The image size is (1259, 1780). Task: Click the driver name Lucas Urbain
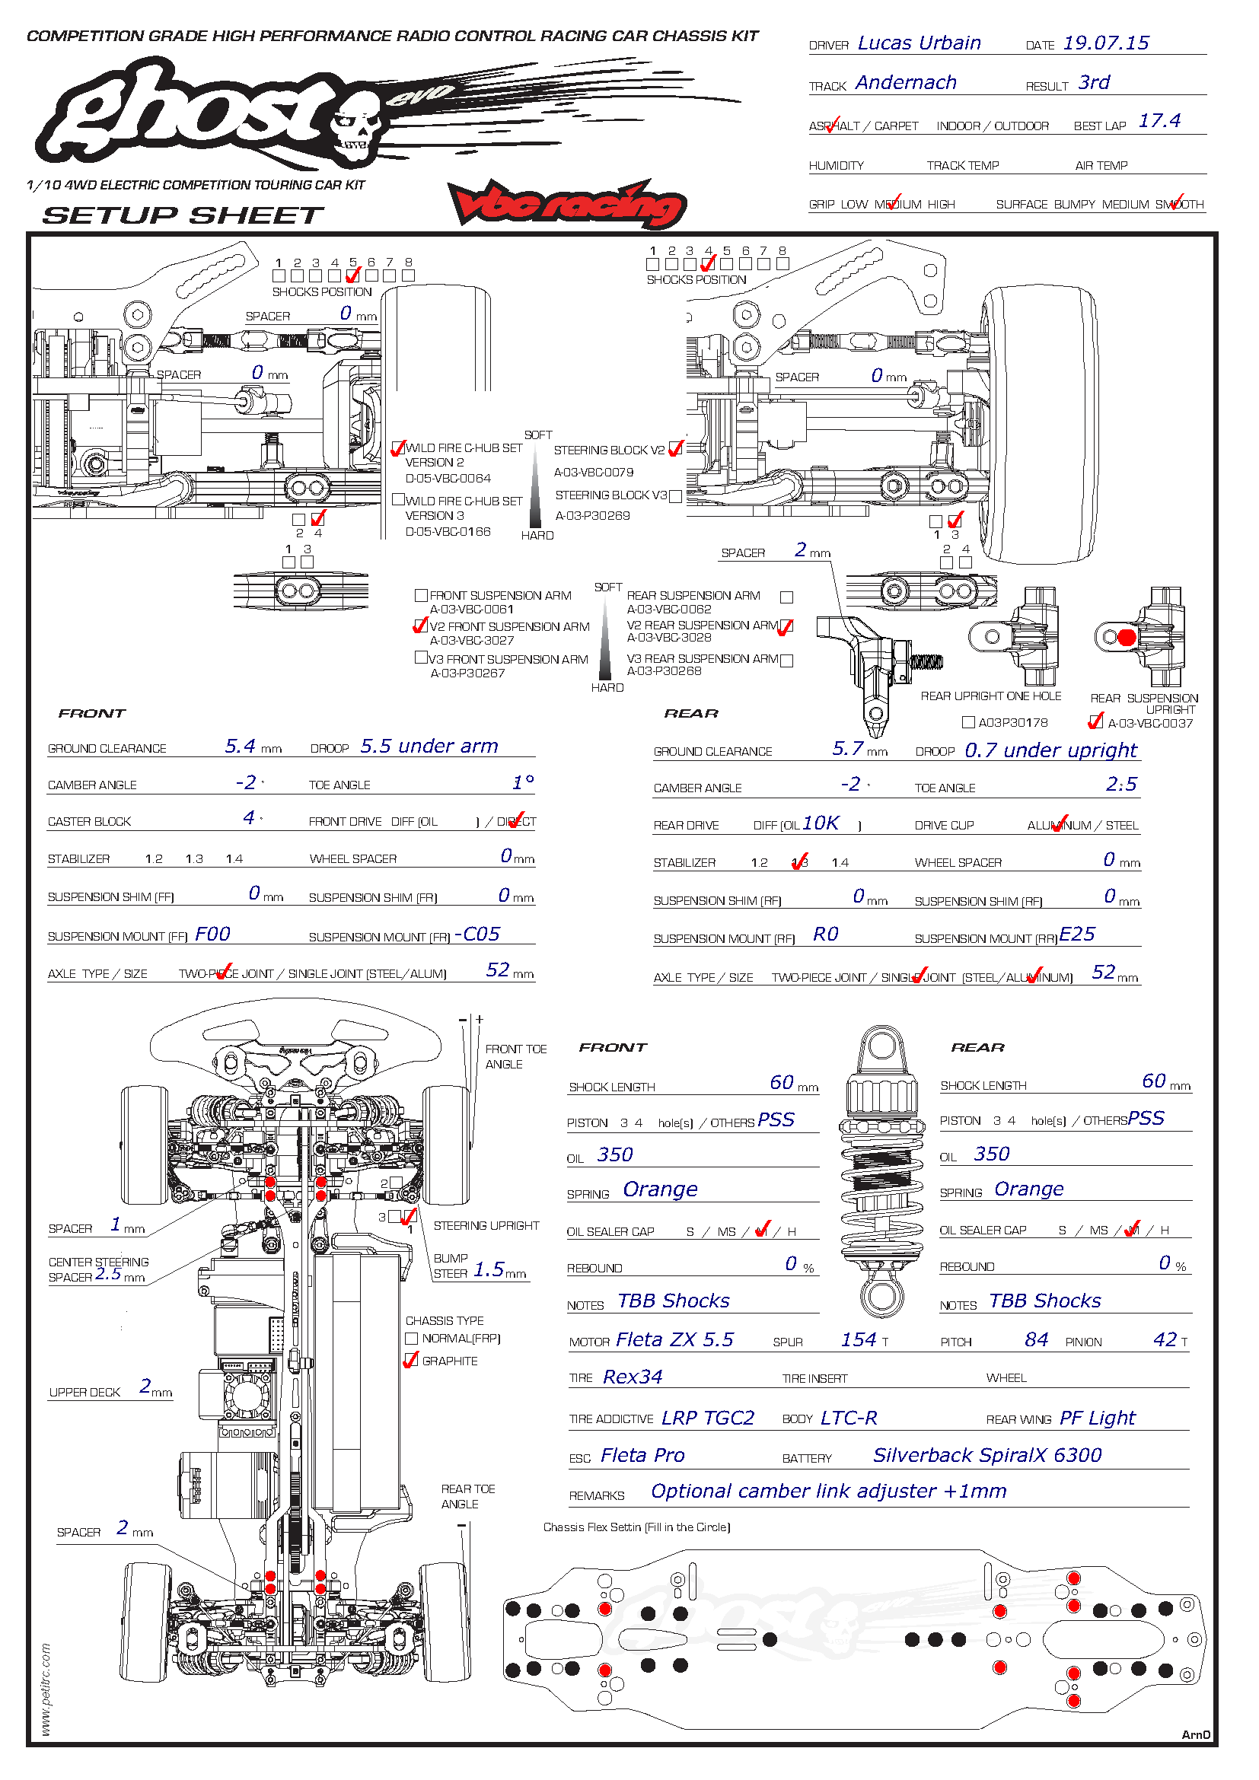tap(919, 43)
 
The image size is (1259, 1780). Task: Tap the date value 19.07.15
tap(1105, 43)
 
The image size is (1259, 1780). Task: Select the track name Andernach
tap(906, 83)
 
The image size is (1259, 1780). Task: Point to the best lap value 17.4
tap(1159, 121)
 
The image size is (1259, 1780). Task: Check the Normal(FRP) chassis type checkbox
tap(412, 1338)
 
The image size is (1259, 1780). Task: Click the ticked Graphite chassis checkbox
tap(412, 1361)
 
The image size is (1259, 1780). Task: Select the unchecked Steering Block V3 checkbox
tap(675, 496)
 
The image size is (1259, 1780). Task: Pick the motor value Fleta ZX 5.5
tap(674, 1339)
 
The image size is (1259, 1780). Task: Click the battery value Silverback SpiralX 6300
tap(987, 1455)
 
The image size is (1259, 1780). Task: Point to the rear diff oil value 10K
tap(821, 823)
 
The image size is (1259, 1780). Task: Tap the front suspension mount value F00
tap(212, 935)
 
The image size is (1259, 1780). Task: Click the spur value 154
tap(858, 1339)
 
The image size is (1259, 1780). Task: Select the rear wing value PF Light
tap(1097, 1418)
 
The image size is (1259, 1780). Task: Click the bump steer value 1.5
tap(489, 1269)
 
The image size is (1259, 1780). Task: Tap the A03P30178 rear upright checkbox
tap(968, 722)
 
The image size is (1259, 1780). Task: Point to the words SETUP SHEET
tap(183, 215)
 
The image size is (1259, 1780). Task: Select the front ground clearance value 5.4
tap(240, 747)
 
